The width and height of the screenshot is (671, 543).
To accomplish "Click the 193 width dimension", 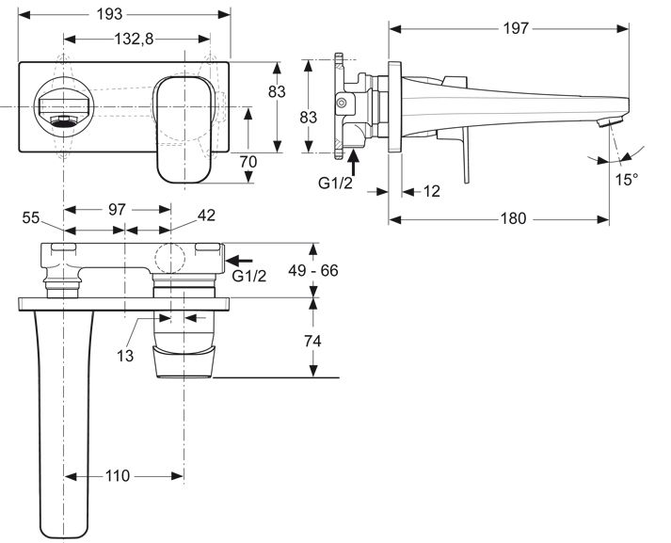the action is tap(109, 14).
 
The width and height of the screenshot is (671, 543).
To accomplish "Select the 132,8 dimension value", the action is tap(134, 39).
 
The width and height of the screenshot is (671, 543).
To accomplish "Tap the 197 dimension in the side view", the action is tap(516, 28).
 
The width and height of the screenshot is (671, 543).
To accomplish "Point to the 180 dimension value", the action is tap(514, 218).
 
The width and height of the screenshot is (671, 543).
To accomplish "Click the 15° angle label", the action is tap(627, 180).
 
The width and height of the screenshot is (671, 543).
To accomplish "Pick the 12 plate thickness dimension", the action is tap(431, 191).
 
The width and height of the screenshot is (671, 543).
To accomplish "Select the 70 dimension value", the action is tap(248, 162).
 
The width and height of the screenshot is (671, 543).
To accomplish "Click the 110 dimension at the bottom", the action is tap(118, 475).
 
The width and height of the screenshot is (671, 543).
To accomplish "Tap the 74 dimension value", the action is tap(312, 342).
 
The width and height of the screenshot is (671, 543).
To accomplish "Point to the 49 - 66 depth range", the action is tap(312, 270).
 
